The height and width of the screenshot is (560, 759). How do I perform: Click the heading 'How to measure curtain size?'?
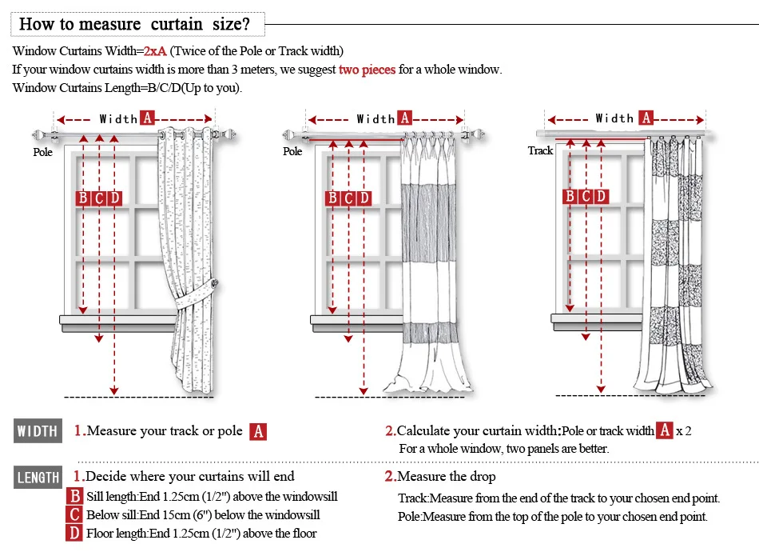(134, 23)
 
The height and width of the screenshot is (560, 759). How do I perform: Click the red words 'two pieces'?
(367, 70)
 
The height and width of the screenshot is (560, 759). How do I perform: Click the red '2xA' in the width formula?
(155, 51)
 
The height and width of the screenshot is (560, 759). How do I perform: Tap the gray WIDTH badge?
(38, 432)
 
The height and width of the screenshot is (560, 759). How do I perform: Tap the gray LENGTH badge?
(38, 478)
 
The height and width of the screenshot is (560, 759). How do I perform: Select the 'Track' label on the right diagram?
(540, 150)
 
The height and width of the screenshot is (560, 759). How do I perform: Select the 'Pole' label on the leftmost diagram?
(42, 152)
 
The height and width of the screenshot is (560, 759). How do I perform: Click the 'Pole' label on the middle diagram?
(292, 151)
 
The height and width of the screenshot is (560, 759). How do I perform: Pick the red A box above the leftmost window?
(147, 118)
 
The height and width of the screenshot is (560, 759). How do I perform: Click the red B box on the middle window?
(332, 198)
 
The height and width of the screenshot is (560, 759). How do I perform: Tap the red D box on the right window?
(601, 196)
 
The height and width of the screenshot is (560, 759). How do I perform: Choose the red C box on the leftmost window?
(99, 198)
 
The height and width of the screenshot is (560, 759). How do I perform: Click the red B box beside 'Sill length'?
(75, 497)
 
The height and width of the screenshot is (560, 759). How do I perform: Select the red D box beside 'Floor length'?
(75, 534)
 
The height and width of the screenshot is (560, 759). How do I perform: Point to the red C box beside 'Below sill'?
(75, 515)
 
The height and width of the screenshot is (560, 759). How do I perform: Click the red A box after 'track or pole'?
(258, 432)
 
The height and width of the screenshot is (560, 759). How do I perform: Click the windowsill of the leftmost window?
(117, 320)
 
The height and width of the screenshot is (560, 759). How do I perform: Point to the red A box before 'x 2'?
(665, 430)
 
